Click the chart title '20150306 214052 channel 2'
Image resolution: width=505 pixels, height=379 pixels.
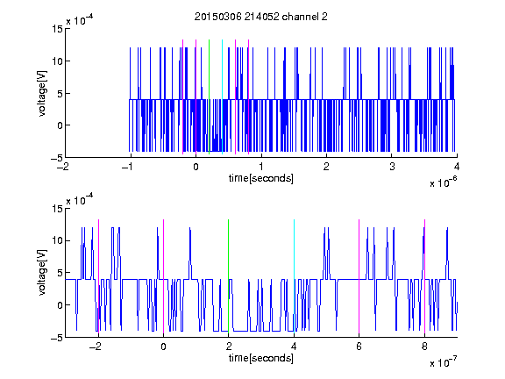pos(261,17)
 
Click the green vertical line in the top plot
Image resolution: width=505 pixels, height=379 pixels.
pos(209,97)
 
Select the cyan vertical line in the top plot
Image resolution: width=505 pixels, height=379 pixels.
pos(222,97)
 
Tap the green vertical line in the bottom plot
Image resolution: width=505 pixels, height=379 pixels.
pos(228,276)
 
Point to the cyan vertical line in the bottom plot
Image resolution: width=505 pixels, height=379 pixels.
pos(294,276)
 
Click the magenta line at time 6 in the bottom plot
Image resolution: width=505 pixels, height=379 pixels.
pos(359,276)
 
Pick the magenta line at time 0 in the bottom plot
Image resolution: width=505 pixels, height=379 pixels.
pos(163,276)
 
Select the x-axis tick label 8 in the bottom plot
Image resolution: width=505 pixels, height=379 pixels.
pos(424,347)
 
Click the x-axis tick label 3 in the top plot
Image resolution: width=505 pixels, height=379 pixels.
pos(392,167)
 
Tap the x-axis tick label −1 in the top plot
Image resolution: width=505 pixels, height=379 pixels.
pos(128,167)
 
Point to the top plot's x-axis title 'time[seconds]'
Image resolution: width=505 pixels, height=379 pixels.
pos(261,178)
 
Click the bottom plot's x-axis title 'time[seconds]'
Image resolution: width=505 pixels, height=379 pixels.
pos(261,358)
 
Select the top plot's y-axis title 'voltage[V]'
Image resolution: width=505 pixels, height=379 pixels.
pos(42,93)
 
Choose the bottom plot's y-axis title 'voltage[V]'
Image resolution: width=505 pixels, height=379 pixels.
pos(42,273)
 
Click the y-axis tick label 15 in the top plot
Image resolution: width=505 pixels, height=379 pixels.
pos(57,29)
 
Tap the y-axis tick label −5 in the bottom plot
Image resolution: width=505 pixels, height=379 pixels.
pos(57,338)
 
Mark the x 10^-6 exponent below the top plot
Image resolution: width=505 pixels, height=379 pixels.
pos(443,182)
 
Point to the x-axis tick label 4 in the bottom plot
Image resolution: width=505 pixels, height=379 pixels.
pos(294,347)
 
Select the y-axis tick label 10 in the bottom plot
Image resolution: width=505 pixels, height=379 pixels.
pos(57,240)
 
